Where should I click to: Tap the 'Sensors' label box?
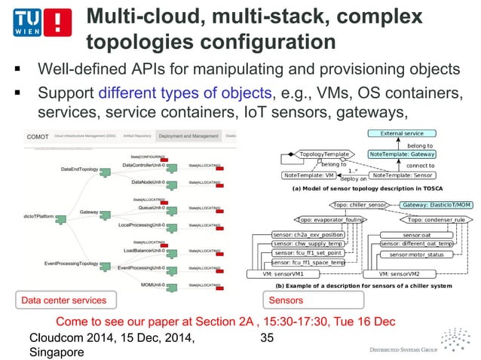pos(282,301)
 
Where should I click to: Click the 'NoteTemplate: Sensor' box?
pos(413,175)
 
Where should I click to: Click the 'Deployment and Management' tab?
pos(188,137)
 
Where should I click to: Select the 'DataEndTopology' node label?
pos(78,169)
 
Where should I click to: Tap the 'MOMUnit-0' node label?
pos(157,285)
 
